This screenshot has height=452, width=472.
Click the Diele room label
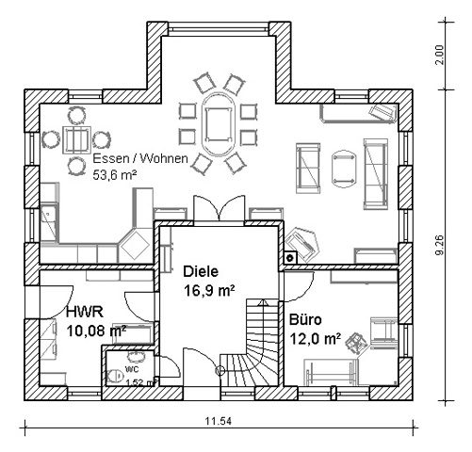pyautogui.click(x=201, y=271)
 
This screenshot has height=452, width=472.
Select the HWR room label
pyautogui.click(x=85, y=312)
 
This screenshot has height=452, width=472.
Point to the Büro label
pyautogui.click(x=305, y=320)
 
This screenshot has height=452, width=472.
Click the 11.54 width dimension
pyautogui.click(x=219, y=421)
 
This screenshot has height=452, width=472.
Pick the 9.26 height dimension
pyautogui.click(x=440, y=245)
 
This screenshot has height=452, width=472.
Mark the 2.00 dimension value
pyautogui.click(x=440, y=55)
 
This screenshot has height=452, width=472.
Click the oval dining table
pyautogui.click(x=217, y=125)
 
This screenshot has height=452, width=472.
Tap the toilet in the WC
pyautogui.click(x=115, y=376)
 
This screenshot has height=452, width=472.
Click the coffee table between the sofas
pyautogui.click(x=344, y=169)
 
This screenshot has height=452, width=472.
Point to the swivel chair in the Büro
pyautogui.click(x=355, y=344)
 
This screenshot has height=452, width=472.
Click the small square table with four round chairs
pyautogui.click(x=76, y=140)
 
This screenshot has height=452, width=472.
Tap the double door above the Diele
pyautogui.click(x=219, y=209)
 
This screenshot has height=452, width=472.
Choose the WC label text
pyautogui.click(x=132, y=368)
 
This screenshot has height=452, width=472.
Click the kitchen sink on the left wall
pyautogui.click(x=49, y=223)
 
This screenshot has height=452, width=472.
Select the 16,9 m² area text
pyautogui.click(x=209, y=290)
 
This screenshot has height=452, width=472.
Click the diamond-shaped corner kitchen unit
pyautogui.click(x=135, y=246)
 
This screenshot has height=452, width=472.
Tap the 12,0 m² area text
pyautogui.click(x=315, y=339)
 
